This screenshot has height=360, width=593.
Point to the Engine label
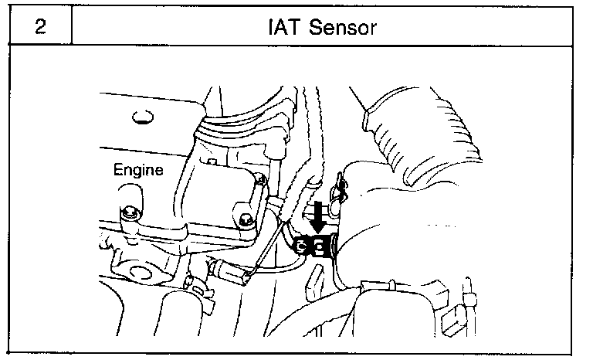(138, 170)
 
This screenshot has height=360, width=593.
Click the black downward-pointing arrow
(317, 215)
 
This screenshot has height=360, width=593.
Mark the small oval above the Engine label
(139, 118)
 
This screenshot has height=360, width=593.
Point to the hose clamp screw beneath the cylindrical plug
(199, 292)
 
